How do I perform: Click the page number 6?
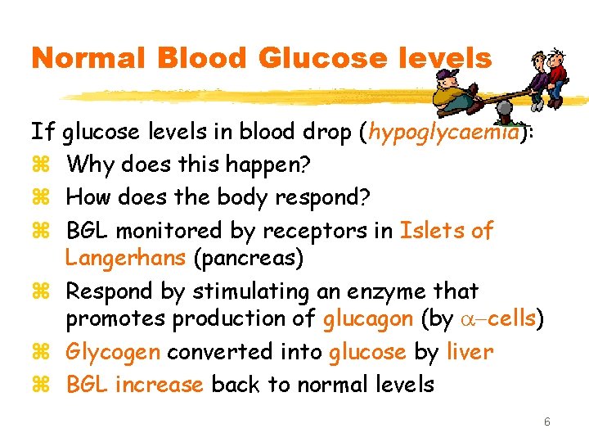pyautogui.click(x=546, y=422)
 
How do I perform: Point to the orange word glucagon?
pyautogui.click(x=366, y=320)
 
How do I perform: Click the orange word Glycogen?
pyautogui.click(x=115, y=352)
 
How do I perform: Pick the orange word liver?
pyautogui.click(x=470, y=352)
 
